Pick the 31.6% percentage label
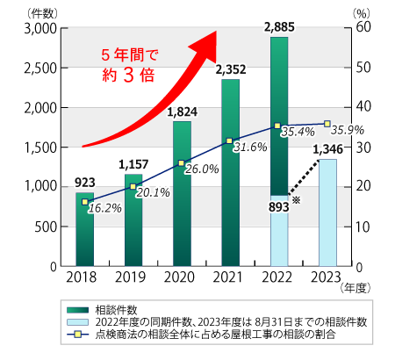coord(249,146)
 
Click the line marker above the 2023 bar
coord(327,124)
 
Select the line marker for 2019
coord(133,186)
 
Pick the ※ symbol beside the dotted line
coord(296,201)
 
